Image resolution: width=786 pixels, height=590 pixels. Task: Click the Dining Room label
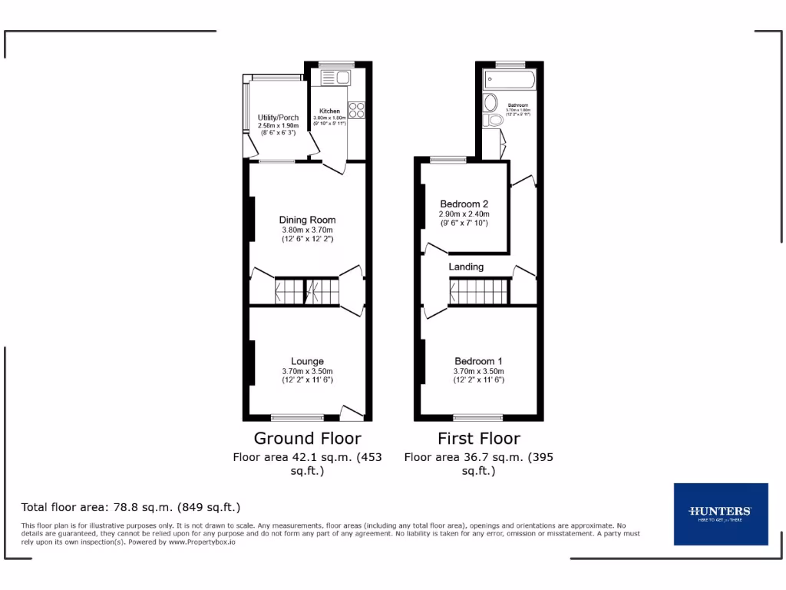pyautogui.click(x=307, y=220)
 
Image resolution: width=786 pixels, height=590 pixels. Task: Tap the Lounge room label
pyautogui.click(x=307, y=361)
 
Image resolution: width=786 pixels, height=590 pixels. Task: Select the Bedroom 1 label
pyautogui.click(x=478, y=361)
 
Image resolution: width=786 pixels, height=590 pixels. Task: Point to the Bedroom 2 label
pyautogui.click(x=464, y=204)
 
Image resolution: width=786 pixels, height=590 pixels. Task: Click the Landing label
pyautogui.click(x=466, y=267)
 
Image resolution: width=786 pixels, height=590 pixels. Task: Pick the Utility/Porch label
pyautogui.click(x=278, y=117)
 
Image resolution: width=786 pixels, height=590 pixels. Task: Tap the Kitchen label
pyautogui.click(x=329, y=111)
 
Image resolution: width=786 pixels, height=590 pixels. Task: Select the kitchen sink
pyautogui.click(x=335, y=77)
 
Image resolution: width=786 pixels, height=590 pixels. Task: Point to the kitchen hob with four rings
pyautogui.click(x=357, y=110)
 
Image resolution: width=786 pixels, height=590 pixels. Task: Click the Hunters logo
pyautogui.click(x=720, y=514)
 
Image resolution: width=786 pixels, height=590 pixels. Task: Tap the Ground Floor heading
pyautogui.click(x=307, y=439)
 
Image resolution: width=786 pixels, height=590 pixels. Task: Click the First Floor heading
pyautogui.click(x=478, y=439)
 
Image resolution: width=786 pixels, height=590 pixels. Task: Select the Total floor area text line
pyautogui.click(x=131, y=507)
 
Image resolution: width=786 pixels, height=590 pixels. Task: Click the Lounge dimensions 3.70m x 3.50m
pyautogui.click(x=307, y=371)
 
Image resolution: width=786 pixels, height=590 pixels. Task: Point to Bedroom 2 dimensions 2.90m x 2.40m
pyautogui.click(x=464, y=214)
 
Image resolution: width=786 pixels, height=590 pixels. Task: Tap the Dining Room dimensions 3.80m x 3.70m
pyautogui.click(x=307, y=230)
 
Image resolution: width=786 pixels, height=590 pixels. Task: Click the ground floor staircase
pyautogui.click(x=307, y=292)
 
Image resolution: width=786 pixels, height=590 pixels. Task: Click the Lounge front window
pyautogui.click(x=298, y=418)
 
